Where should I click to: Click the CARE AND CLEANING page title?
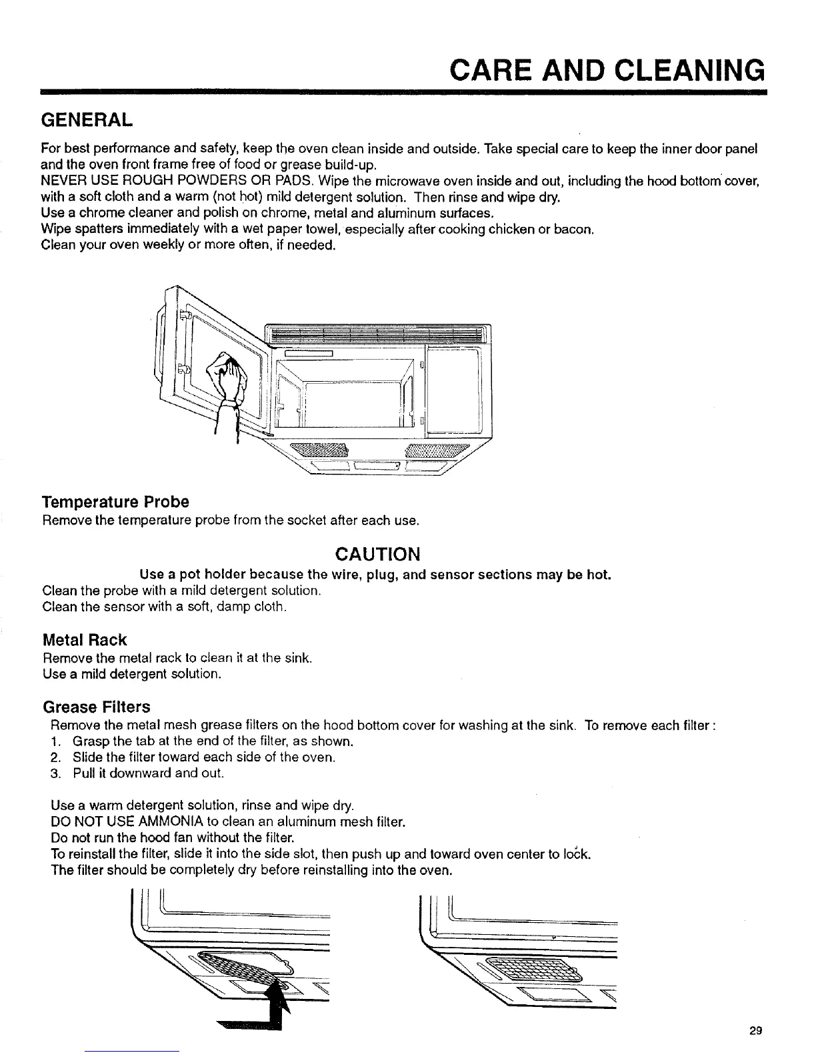pos(605,69)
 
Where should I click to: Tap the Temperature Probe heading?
pos(115,501)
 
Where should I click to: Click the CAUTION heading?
pos(377,555)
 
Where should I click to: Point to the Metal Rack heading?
pos(84,640)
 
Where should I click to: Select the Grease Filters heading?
pos(96,707)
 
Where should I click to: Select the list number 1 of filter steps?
pos(55,742)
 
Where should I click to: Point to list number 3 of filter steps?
pos(55,773)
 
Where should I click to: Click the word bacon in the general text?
pos(575,230)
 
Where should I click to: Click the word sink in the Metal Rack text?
pos(298,659)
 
